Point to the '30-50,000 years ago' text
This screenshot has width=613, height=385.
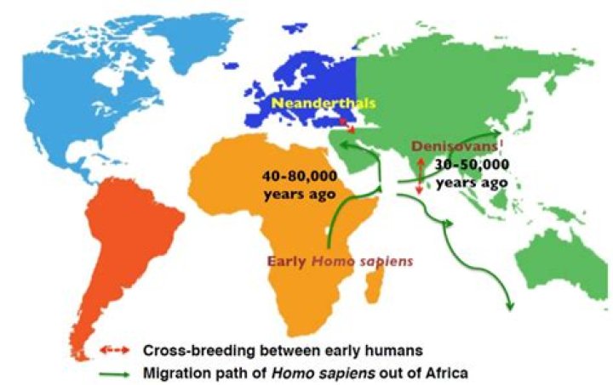(x=471, y=173)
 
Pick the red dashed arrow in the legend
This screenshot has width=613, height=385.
(x=112, y=350)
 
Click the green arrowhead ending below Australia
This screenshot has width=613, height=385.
(x=509, y=307)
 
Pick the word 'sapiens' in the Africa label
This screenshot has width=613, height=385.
(x=387, y=261)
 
